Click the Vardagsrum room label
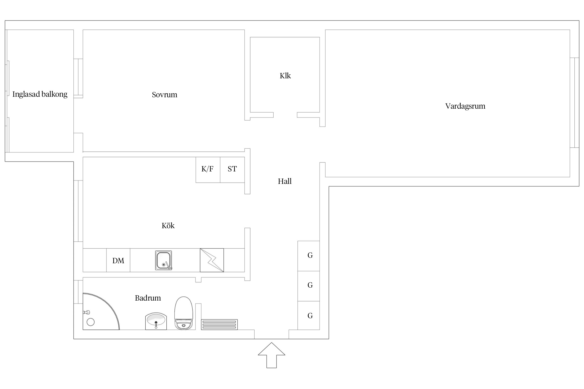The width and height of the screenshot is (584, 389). coord(465,106)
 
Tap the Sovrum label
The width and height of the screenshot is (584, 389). coord(165,95)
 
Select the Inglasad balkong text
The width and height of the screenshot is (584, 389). coord(40,94)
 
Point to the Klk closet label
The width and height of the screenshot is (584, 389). coord(285,76)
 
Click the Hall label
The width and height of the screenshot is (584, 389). coord(285,181)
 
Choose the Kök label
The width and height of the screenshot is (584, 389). coord(168,226)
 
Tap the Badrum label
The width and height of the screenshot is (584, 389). coord(148,298)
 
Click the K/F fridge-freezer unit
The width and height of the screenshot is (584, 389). coord(208,170)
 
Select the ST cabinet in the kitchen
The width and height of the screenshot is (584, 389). coord(232,170)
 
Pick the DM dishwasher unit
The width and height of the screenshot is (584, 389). coord(118,260)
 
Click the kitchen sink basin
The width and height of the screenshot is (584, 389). coord(164,260)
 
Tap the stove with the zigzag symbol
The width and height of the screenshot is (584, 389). coord(212,260)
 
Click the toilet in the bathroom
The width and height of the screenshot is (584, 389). coord(184,313)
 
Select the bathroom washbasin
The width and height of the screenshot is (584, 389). coord(156,321)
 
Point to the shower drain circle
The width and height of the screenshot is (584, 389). coord(91,322)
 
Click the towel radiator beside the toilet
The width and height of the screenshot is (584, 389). coord(219,325)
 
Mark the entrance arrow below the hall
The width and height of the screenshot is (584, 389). coord(271,355)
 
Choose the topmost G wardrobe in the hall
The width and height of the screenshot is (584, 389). coord(309,256)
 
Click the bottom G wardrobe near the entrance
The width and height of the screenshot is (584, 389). coord(309,315)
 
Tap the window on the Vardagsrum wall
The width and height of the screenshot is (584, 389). coord(575,103)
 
